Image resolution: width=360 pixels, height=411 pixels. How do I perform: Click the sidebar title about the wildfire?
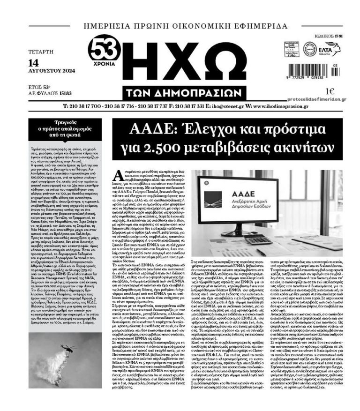tap(65, 128)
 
